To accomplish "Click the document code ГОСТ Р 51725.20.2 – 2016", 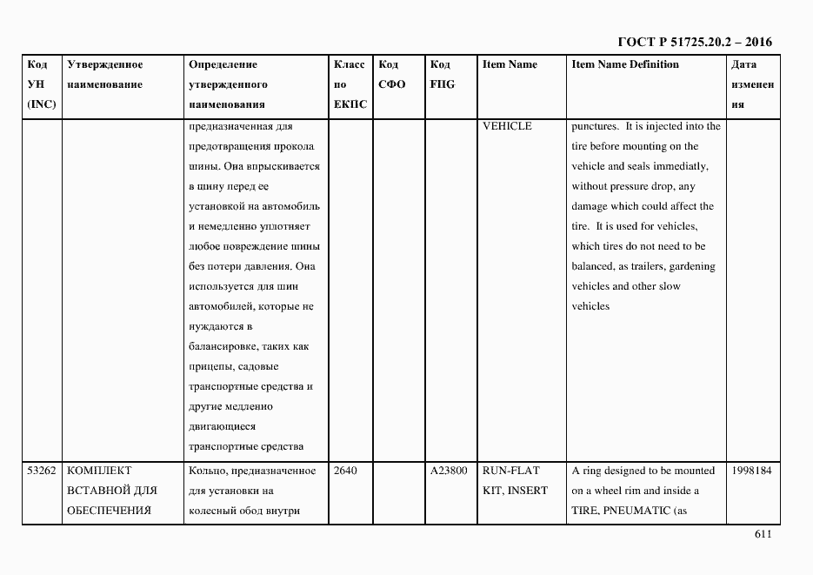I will pyautogui.click(x=694, y=42).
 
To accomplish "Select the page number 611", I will pyautogui.click(x=763, y=536).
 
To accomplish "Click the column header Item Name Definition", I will pyautogui.click(x=625, y=65).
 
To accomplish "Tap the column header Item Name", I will pyautogui.click(x=510, y=65).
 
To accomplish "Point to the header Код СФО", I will pyautogui.click(x=392, y=75).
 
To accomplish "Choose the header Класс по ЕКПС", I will pyautogui.click(x=350, y=84).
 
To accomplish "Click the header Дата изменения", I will pyautogui.click(x=752, y=84).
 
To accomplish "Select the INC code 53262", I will pyautogui.click(x=42, y=471).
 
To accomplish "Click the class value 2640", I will pyautogui.click(x=345, y=471).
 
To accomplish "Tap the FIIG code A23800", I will pyautogui.click(x=449, y=471).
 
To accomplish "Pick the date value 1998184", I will pyautogui.click(x=752, y=471).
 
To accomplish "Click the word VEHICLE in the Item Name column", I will pyautogui.click(x=507, y=127).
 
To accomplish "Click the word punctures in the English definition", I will pyautogui.click(x=596, y=127).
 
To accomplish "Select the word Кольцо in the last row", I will pyautogui.click(x=205, y=471).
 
